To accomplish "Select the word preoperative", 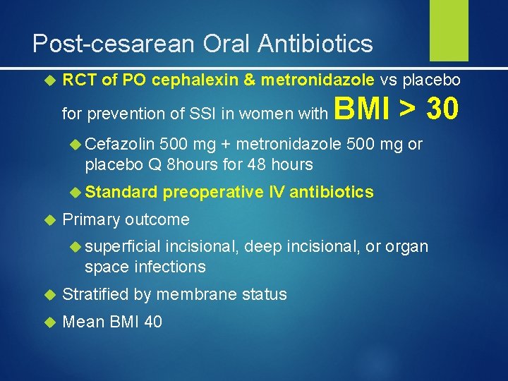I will click(212, 192).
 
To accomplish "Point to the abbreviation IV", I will click(277, 192).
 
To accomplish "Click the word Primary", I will click(92, 219).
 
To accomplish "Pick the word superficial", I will click(122, 247).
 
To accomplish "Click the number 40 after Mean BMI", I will click(152, 322).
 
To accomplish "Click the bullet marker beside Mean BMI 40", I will click(49, 322).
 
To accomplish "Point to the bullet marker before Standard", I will click(75, 192).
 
